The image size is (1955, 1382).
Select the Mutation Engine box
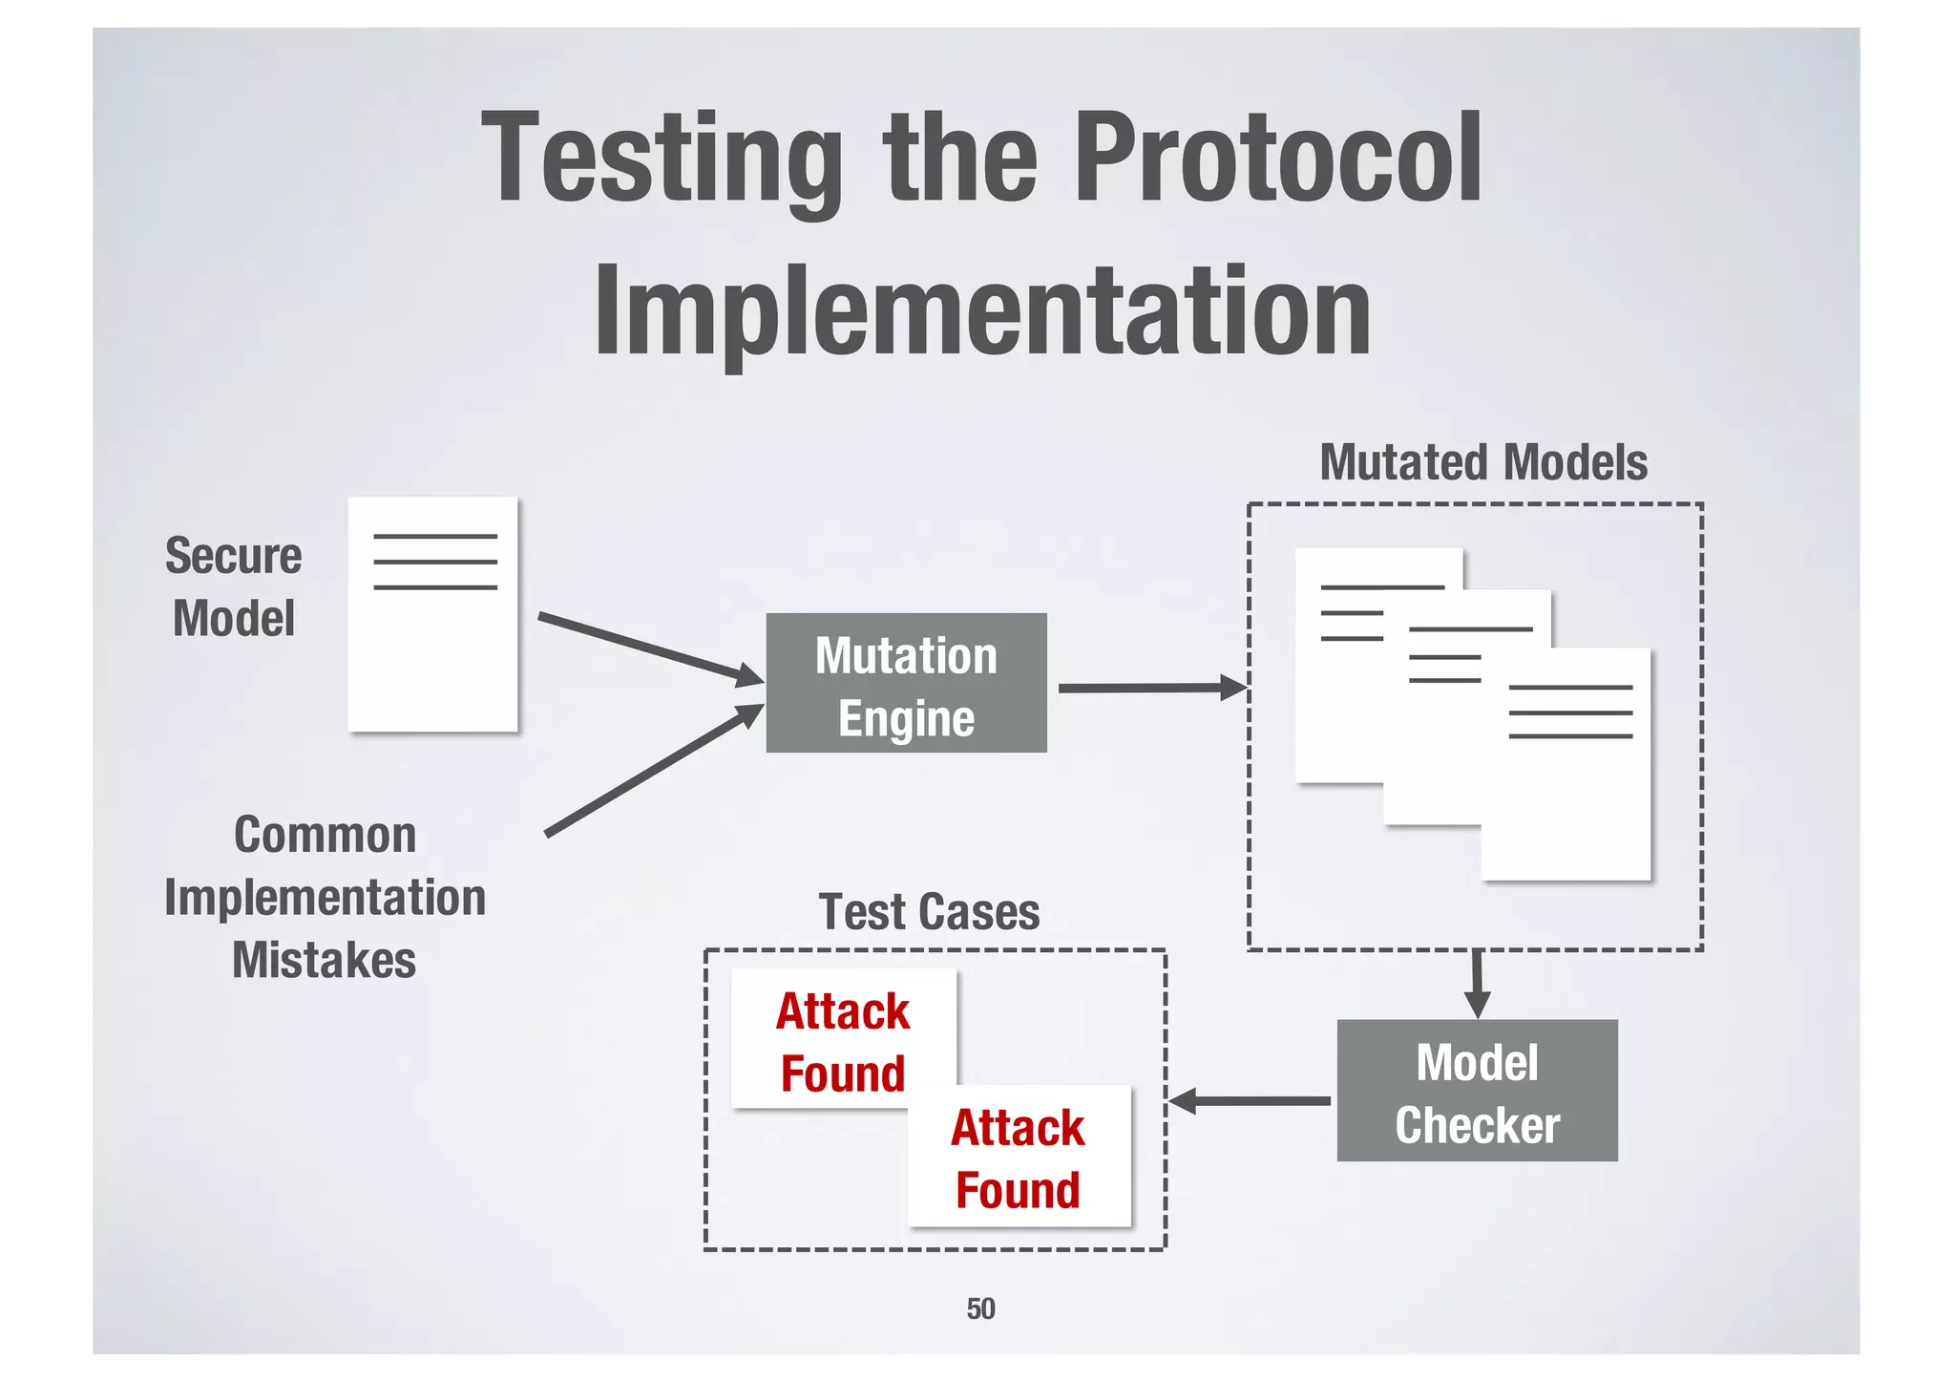coord(906,684)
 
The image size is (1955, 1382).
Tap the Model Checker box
coord(1477,1091)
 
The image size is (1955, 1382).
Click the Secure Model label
coord(234,586)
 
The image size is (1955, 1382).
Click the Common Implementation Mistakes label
coord(325,898)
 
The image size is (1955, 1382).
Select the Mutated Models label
coord(1483,463)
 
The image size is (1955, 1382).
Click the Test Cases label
coord(929,912)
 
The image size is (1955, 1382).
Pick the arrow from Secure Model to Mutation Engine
coord(649,648)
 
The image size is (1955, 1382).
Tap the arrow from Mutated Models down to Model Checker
coord(1477,984)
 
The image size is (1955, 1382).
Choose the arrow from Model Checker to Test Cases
coord(1251,1101)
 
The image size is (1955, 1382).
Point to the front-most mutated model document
coord(1566,793)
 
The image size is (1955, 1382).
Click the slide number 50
coord(980,1308)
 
